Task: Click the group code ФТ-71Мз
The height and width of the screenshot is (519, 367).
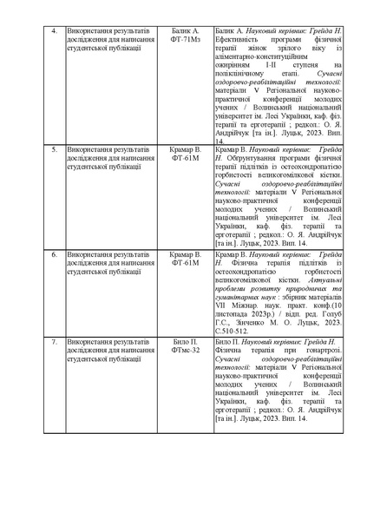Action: point(186,41)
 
